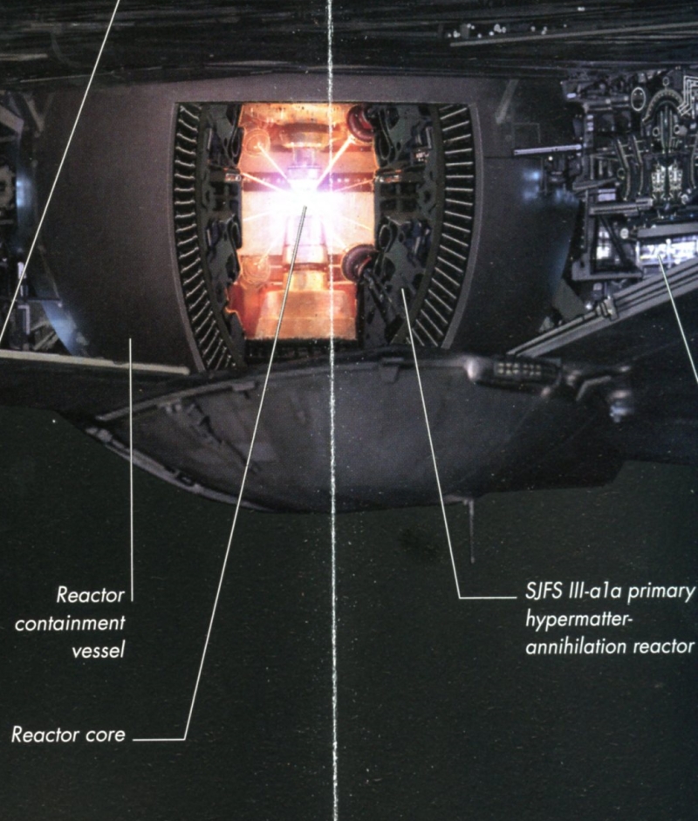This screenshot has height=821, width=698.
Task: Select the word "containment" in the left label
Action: point(70,624)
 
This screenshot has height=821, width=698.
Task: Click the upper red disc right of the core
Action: point(359,119)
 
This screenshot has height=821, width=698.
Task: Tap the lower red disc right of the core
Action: point(358,260)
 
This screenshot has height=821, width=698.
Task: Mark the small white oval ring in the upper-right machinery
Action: point(639,97)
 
